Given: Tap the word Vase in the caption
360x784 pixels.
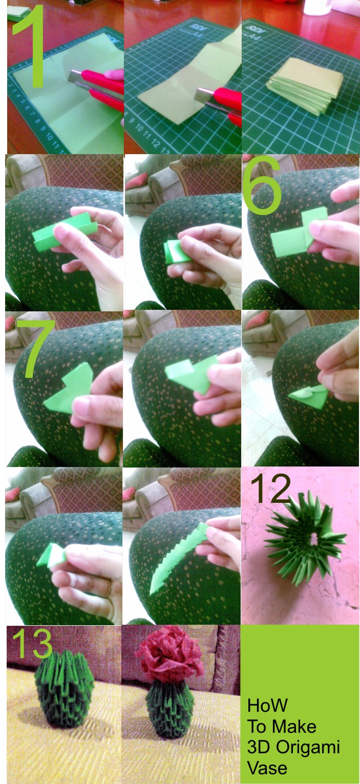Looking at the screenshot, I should (267, 768).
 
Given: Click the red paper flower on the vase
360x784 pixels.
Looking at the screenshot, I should (170, 659).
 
